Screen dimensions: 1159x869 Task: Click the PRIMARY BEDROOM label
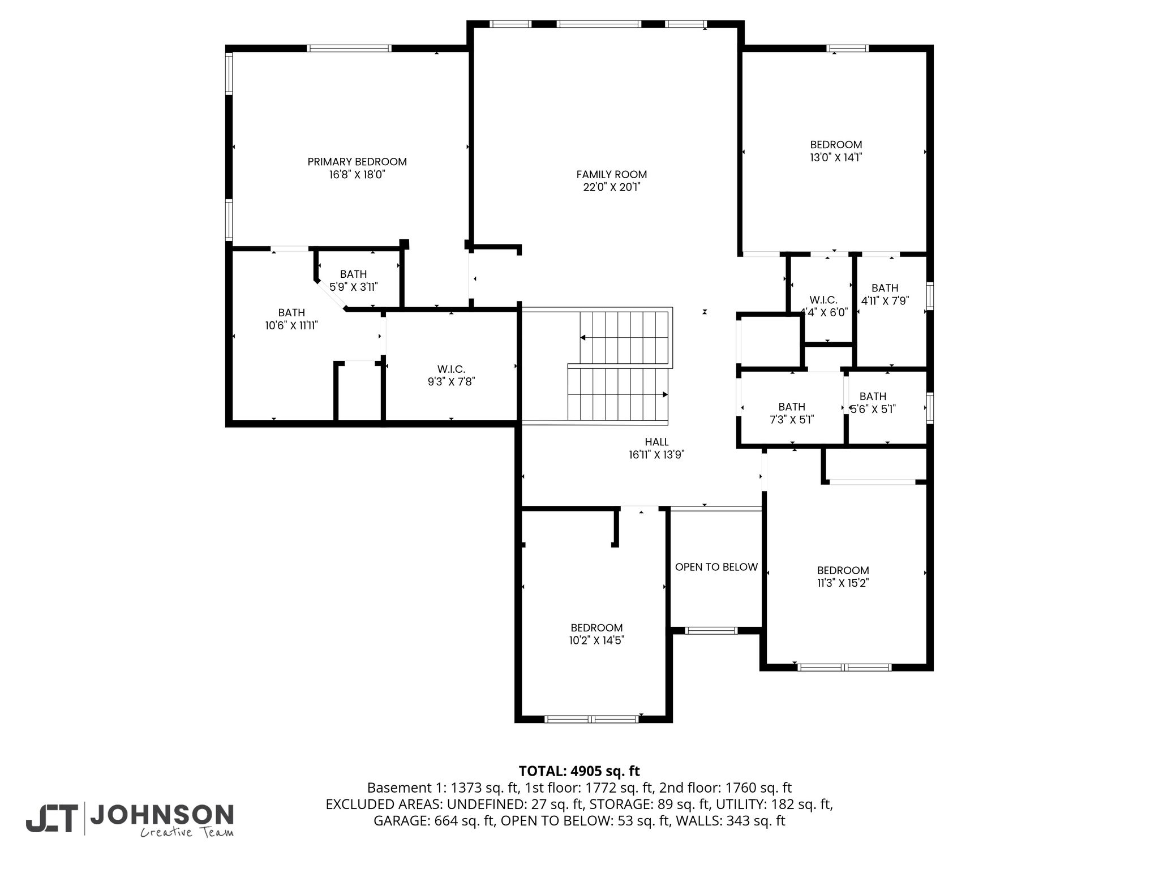pos(357,162)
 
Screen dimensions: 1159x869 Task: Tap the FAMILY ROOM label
pos(611,175)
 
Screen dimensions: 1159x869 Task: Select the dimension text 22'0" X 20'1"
pos(611,187)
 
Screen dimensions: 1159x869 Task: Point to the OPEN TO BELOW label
pos(716,567)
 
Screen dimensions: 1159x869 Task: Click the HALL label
pos(656,442)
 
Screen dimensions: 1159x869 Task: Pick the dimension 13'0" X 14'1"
pos(836,157)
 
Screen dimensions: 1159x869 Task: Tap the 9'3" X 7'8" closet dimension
pos(451,382)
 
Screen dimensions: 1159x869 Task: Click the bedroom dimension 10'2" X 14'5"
pos(596,640)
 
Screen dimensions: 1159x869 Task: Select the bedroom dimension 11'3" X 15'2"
pos(843,583)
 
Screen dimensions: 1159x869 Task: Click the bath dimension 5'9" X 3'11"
pos(354,287)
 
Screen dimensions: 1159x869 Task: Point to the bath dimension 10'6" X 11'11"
pos(291,325)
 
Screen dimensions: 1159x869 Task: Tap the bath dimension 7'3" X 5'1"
pos(791,419)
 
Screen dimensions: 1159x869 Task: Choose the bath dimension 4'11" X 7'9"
pos(885,300)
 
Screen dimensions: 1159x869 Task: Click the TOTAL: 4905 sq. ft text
pos(579,771)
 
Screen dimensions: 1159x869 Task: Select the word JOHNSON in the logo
pos(162,815)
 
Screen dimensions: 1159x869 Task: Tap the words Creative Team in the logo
pos(187,832)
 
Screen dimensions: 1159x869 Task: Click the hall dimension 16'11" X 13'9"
pos(656,455)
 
